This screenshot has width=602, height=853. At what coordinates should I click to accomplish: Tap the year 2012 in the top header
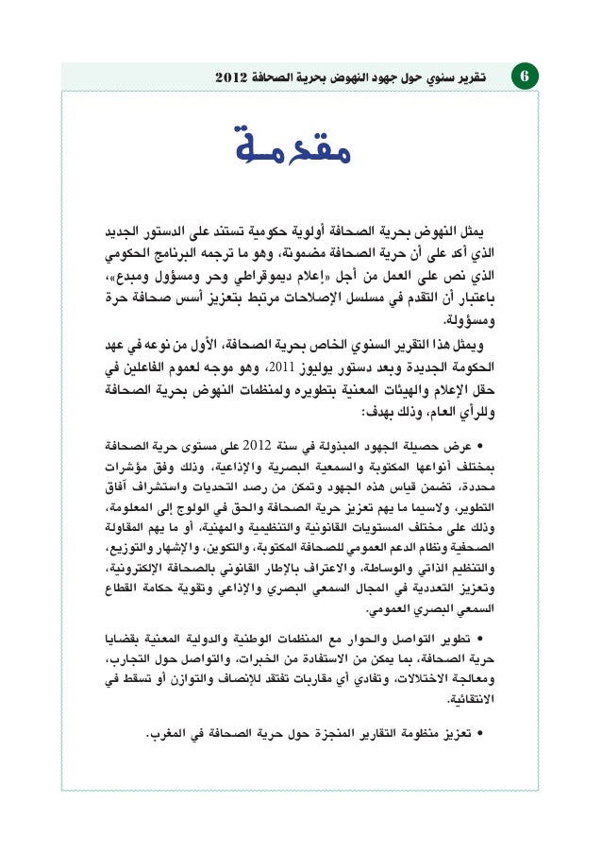point(232,76)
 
